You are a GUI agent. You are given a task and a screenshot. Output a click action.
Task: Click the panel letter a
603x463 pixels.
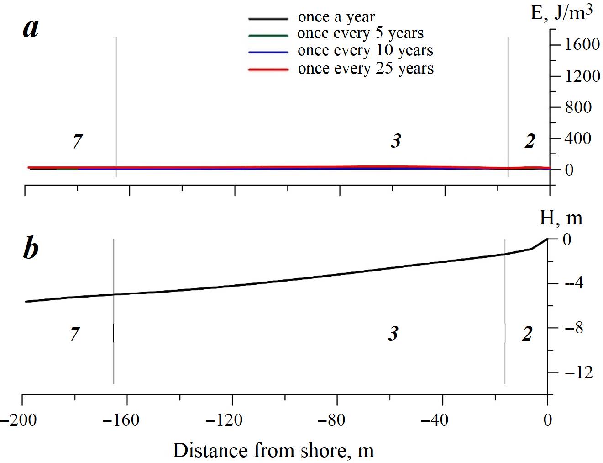pos(31,29)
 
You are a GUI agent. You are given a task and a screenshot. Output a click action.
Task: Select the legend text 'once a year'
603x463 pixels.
pos(336,17)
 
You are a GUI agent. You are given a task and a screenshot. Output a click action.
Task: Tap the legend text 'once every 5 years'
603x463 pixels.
pos(360,33)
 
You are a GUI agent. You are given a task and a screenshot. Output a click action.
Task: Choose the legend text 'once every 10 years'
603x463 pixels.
pos(365,50)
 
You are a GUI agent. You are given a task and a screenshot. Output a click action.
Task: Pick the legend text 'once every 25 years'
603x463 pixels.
pos(366,69)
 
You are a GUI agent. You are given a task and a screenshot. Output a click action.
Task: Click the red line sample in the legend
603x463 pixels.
pos(268,69)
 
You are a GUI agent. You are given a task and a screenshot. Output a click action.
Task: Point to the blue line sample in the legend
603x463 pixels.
pos(268,53)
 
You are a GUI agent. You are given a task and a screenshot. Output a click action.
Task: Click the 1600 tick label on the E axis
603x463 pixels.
pos(582,45)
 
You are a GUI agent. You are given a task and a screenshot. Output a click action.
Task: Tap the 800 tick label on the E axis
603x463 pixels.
pos(578,107)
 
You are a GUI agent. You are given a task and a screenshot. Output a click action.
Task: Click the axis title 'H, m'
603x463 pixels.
pos(561,218)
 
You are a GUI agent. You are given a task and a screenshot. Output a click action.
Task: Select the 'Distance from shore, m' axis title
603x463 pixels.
pos(273,451)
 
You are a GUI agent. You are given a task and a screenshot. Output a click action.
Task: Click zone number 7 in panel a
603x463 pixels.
pos(78,142)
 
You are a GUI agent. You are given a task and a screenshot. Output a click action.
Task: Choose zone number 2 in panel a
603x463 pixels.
pos(530,142)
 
